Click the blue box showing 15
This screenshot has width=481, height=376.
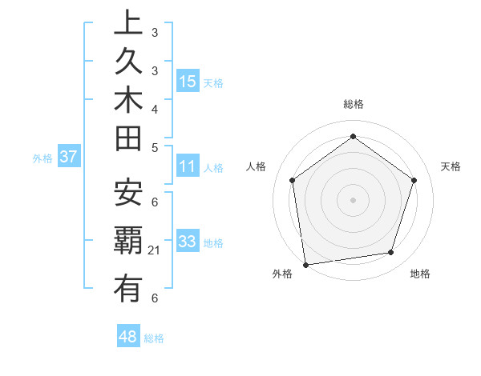[188, 81]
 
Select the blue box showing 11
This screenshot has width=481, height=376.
[188, 166]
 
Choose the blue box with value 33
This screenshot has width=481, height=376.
[188, 241]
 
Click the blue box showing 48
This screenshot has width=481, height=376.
[128, 337]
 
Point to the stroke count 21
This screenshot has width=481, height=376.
[155, 251]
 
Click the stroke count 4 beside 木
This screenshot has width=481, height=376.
[155, 109]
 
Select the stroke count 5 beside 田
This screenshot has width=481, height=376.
[155, 147]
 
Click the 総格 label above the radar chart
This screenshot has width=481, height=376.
[353, 104]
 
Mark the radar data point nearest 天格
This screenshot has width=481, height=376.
[414, 180]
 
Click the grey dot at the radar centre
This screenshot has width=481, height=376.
[353, 199]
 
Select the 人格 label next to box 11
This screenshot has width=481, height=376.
[213, 168]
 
